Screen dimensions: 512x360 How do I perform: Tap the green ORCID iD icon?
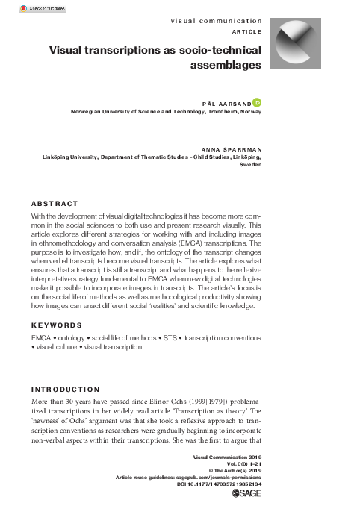click(x=258, y=101)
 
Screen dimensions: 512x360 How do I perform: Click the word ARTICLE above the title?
click(x=246, y=34)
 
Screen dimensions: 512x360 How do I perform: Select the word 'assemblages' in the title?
click(x=226, y=65)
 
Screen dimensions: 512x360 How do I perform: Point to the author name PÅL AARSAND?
click(x=227, y=102)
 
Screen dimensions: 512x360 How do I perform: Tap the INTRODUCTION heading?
click(x=65, y=390)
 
